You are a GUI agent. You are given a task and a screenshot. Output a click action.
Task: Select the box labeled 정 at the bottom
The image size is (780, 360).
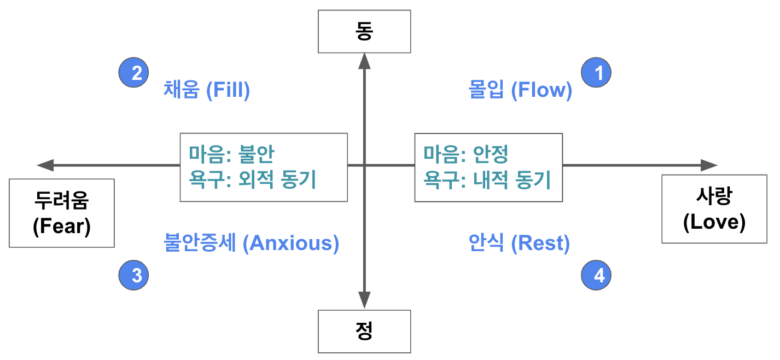pos(364,331)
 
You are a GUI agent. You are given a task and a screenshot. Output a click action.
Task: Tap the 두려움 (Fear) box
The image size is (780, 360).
pos(61,213)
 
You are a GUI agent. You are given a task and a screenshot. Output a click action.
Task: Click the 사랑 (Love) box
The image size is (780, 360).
pos(714,209)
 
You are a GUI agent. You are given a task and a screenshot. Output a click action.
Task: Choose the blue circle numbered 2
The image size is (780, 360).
pos(134,72)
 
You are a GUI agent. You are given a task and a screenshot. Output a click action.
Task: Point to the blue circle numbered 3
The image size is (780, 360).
pos(134,275)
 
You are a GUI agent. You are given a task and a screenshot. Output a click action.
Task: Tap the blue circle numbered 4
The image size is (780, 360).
pos(596,275)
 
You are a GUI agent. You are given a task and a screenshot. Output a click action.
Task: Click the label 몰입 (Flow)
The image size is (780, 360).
pos(520,90)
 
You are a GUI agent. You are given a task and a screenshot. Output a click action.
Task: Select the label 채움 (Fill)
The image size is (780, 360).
pos(206,90)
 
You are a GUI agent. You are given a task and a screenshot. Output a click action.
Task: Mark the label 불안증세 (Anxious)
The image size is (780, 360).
pos(252,242)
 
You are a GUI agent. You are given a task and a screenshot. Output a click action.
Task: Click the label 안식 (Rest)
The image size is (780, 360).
pos(519,242)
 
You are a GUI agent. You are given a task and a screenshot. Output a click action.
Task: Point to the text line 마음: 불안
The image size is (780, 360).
pos(231,154)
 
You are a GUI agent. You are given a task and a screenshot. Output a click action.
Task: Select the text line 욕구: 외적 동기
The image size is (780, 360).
pos(253,179)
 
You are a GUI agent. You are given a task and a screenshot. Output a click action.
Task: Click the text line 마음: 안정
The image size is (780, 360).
pos(466,154)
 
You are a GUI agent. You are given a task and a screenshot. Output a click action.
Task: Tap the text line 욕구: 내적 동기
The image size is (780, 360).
pos(487,179)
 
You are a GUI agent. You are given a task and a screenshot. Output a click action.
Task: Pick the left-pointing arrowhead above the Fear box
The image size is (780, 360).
pos(45,165)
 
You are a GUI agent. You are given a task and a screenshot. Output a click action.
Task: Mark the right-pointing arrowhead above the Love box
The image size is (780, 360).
pos(709,165)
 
